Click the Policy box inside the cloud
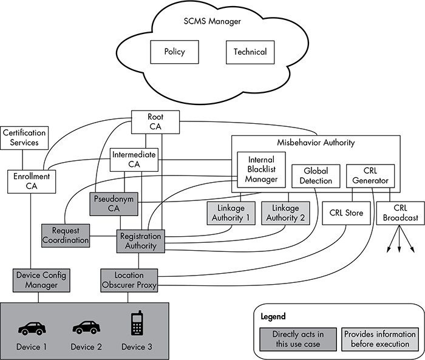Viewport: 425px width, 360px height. click(174, 52)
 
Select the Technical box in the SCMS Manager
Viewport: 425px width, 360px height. click(250, 52)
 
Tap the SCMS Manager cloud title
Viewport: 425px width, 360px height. click(212, 21)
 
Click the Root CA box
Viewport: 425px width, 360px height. click(155, 121)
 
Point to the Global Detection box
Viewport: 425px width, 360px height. click(313, 175)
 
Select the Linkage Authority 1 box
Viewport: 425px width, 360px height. click(231, 214)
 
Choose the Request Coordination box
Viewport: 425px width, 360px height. click(66, 235)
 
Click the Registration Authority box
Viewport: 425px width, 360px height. click(140, 240)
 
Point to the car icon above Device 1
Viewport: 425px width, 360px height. click(32, 328)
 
